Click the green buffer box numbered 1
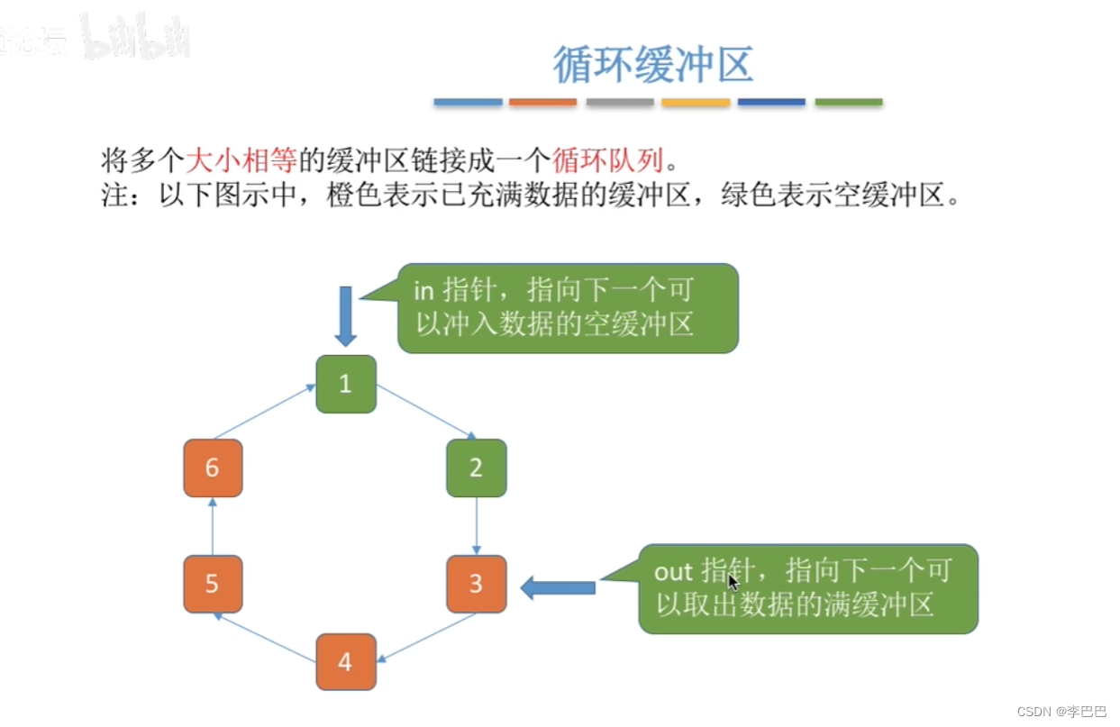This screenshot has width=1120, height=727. [346, 385]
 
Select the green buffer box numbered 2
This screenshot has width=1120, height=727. [476, 468]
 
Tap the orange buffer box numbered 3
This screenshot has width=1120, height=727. [476, 584]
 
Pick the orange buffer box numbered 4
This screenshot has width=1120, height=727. [346, 662]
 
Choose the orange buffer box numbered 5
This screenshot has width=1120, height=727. [213, 584]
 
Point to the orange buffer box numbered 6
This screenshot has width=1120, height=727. [213, 468]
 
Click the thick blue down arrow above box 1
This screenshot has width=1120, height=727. [346, 316]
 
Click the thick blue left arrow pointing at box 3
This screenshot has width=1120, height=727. [559, 588]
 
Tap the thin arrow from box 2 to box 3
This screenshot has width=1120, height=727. [476, 526]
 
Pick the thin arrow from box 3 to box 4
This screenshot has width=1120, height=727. [426, 638]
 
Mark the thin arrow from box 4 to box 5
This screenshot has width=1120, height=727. [265, 638]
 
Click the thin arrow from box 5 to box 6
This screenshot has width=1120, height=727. [213, 526]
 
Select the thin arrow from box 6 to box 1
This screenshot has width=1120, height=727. [265, 412]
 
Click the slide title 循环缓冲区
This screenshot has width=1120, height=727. [653, 65]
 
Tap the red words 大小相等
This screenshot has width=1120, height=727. [241, 162]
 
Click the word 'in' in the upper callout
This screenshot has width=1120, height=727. [423, 291]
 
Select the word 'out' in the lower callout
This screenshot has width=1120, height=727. [673, 571]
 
